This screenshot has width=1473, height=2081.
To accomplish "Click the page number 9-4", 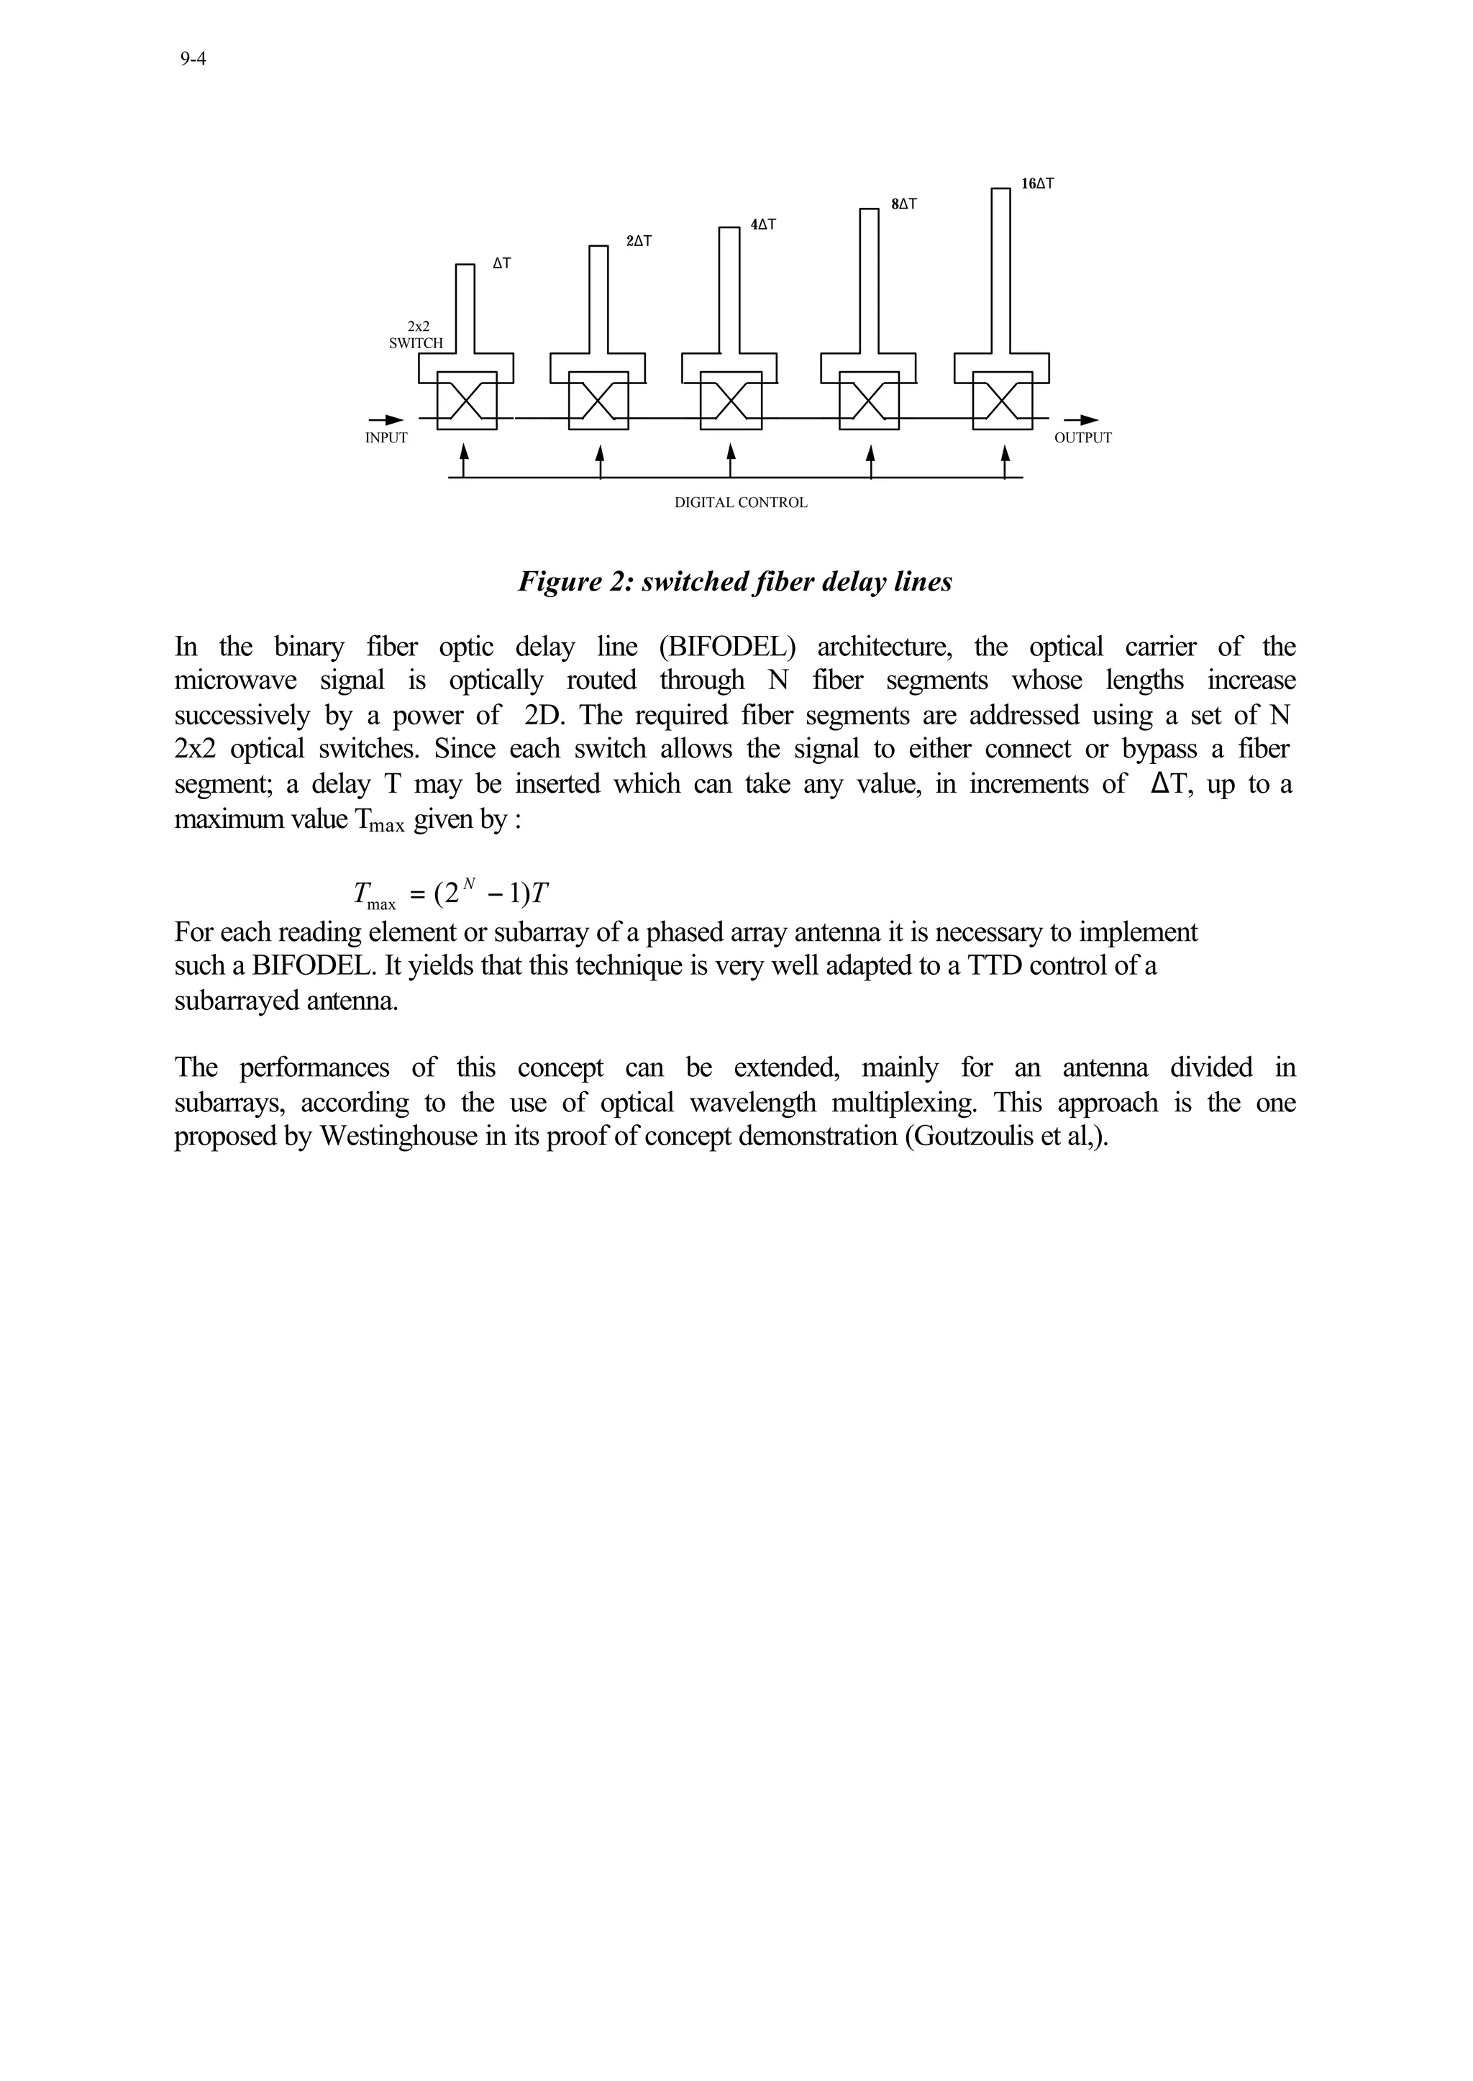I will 193,60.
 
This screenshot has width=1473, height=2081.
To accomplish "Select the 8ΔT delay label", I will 903,205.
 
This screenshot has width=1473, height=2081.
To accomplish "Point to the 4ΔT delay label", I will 763,224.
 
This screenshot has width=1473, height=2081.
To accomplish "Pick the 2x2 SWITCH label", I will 416,334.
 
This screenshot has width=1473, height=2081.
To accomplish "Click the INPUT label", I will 386,438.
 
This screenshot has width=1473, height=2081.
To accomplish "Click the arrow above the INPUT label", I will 387,419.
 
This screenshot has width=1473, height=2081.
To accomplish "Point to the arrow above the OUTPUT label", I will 1081,419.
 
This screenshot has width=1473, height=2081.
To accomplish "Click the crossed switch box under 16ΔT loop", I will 1001,400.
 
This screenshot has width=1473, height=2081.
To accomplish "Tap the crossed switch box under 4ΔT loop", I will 730,400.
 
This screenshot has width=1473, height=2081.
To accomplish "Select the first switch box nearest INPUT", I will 466,400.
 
